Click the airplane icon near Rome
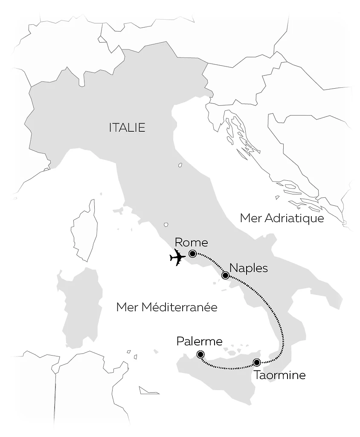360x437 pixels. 177,258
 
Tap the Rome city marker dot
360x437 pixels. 192,254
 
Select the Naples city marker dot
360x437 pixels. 226,276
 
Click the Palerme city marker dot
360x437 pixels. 200,354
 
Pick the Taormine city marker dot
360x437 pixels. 257,362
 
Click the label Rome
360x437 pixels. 191,243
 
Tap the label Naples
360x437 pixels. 248,268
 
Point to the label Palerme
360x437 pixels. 199,341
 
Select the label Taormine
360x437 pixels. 279,376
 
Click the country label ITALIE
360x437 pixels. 127,127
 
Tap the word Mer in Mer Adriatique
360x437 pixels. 251,218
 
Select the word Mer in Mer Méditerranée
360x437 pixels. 126,307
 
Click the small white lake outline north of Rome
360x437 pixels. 165,225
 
